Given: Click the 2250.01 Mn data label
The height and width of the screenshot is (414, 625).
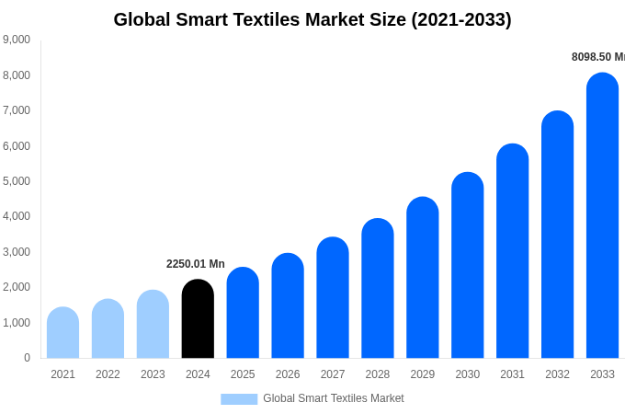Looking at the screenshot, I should click(195, 264).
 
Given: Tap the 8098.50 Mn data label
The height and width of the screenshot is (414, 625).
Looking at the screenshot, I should click(597, 57).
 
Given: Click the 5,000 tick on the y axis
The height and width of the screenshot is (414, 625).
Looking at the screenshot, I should click(17, 181).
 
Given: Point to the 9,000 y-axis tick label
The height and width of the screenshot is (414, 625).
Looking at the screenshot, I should click(17, 40).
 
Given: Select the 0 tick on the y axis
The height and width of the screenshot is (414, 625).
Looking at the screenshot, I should click(27, 358).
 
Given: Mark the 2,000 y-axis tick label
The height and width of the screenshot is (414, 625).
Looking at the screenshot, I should click(17, 287).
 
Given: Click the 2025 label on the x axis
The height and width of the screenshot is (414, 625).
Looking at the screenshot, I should click(243, 374).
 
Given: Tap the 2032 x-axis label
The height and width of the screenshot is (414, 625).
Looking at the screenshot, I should click(557, 374).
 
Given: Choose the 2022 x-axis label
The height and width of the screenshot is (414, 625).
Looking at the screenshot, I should click(108, 374).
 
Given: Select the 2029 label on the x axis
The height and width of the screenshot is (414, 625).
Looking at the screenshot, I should click(423, 374).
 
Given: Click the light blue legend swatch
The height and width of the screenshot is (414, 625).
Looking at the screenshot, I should click(239, 398).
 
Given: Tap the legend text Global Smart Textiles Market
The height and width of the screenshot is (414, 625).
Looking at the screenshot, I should click(334, 398).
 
